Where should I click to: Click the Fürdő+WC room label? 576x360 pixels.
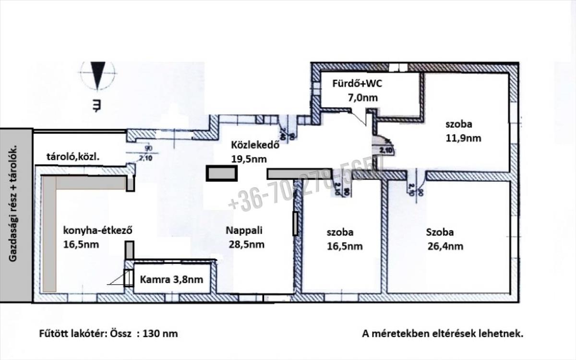[358, 83]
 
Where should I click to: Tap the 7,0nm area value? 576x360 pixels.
[362, 97]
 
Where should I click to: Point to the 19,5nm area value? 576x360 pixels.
[249, 159]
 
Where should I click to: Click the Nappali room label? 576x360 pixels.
[244, 230]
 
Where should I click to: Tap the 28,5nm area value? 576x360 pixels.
[247, 244]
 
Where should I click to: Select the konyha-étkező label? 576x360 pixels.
[98, 230]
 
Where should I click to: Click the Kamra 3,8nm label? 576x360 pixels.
[171, 279]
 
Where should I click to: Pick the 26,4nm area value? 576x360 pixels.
[445, 247]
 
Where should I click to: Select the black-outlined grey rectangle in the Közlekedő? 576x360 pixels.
[221, 173]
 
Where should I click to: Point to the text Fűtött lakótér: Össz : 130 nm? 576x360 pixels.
[108, 333]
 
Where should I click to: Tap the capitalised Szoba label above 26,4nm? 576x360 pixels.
[440, 232]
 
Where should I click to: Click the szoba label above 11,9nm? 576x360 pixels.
[459, 124]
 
